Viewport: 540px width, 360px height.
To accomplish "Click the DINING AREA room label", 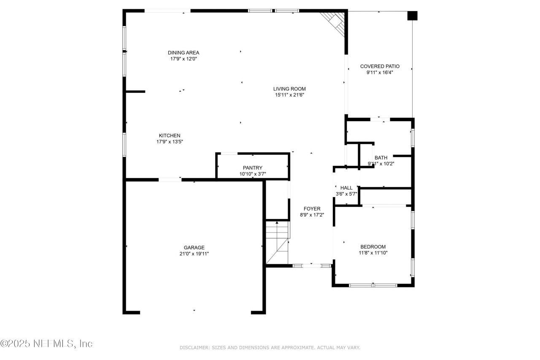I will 184,53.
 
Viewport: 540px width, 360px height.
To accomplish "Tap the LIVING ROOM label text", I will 289,89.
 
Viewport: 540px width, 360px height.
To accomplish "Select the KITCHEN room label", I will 170,135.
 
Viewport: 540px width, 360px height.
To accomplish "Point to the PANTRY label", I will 252,168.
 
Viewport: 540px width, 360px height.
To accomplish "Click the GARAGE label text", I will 194,248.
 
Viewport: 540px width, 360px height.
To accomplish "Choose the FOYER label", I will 312,208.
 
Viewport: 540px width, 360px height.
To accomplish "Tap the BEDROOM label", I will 373,247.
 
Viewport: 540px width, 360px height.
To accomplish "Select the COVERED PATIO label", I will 379,66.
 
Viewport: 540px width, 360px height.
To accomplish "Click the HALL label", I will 346,188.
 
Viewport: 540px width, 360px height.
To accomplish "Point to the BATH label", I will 381,158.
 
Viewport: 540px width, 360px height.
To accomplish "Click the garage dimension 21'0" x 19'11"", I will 194,254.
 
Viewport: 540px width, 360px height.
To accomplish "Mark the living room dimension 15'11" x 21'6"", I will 289,95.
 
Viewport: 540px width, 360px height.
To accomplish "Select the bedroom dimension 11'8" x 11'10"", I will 373,253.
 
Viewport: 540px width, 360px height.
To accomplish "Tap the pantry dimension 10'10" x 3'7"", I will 252,173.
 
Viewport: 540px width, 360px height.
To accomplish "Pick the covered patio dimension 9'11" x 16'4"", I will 379,73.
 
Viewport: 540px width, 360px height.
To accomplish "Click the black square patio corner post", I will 412,16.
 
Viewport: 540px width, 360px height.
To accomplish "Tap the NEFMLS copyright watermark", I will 46,344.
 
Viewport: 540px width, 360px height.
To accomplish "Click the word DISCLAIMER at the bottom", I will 194,347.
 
